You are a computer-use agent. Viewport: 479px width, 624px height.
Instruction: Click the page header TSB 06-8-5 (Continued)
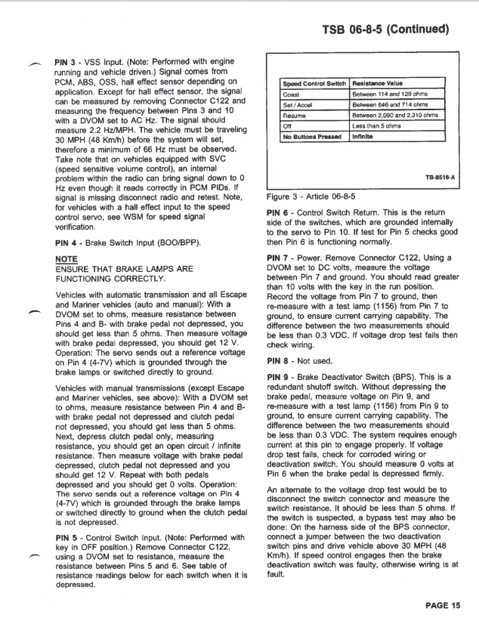coord(385,30)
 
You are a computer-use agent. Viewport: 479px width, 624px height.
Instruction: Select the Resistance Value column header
coord(378,83)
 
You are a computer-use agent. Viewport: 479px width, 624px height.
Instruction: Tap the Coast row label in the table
coord(291,94)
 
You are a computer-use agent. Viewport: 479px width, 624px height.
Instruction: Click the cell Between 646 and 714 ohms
coord(391,104)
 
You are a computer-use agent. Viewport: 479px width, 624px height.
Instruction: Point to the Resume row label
coord(295,116)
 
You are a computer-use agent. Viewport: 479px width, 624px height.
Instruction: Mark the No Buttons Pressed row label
coord(312,137)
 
